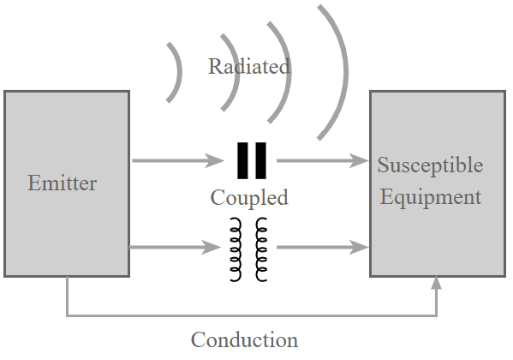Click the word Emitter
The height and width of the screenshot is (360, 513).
coord(63,183)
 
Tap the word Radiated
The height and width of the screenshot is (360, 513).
coord(249,66)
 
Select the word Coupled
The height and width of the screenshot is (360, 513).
coord(249,198)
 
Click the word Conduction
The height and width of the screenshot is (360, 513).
coord(244,339)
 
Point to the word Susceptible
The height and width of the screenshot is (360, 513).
coord(430,165)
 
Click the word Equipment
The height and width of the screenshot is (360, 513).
coord(430,197)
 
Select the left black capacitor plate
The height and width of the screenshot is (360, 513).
coord(242,160)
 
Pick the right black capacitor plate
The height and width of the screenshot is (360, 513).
coord(260,160)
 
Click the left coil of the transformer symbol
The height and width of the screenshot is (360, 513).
coord(236,249)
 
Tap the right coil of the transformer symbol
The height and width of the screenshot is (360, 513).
coord(261,249)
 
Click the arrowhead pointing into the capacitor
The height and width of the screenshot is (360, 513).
coord(215,160)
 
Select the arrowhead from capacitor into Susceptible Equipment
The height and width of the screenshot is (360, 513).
coord(359,160)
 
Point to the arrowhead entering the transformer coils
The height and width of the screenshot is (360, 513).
coord(212,247)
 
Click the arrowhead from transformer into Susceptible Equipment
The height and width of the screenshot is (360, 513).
coord(359,247)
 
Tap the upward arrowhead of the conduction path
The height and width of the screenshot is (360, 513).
coord(436,283)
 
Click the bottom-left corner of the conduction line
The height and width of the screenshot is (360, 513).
coord(67,315)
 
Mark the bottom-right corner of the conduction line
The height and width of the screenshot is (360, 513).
coord(436,315)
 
